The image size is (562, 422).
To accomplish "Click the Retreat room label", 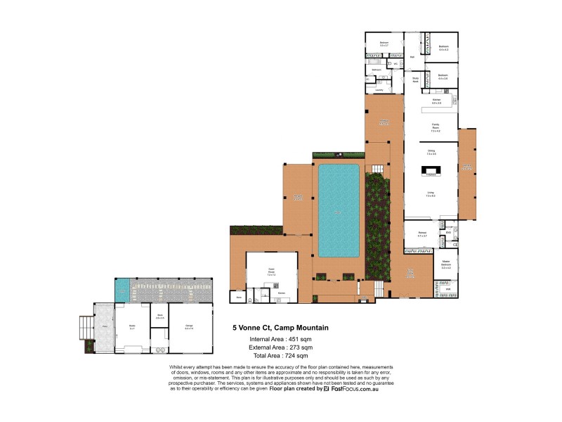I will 422,234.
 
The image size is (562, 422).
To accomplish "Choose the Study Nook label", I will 415,79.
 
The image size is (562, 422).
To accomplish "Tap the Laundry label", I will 379,90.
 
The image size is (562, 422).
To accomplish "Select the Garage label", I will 189,326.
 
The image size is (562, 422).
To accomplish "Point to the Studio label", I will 131,326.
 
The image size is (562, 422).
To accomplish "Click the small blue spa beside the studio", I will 122,288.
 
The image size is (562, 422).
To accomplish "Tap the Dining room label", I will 431,151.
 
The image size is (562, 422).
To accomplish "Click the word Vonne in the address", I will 254,328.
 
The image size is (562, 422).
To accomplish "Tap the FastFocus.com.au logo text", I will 355,388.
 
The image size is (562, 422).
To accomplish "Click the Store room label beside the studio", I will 159,316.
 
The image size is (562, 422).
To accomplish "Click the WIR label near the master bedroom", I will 447,288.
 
